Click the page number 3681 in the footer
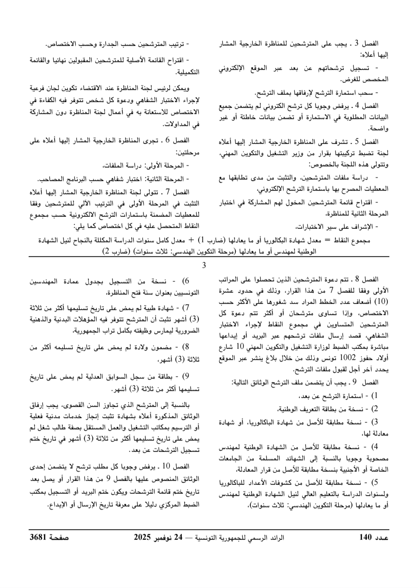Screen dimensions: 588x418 (x=38, y=537)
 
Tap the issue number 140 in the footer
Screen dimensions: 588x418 (x=365, y=537)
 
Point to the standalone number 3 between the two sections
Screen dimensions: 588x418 (x=204, y=265)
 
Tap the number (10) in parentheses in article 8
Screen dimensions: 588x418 (x=382, y=301)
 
